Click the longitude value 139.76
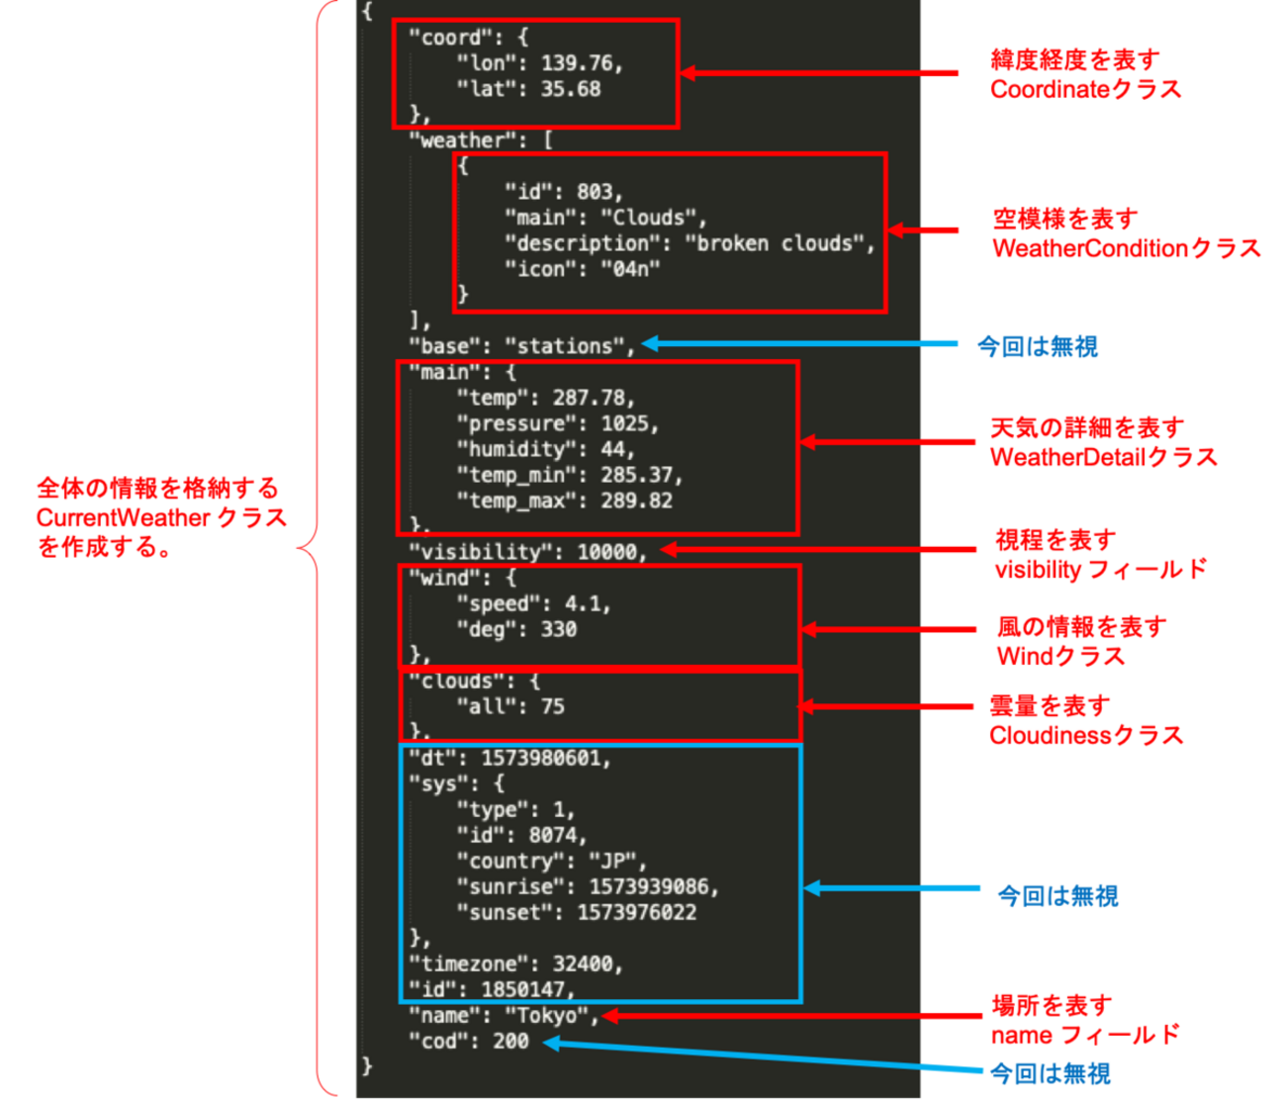coord(579,63)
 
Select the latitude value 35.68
coord(571,89)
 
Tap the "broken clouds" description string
coord(777,243)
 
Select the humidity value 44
coord(613,449)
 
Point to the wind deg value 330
coord(558,629)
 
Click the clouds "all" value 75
coord(552,706)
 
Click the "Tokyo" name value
coord(547,1015)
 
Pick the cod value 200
coord(510,1041)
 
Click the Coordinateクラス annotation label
coord(1085,89)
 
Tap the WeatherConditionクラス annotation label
coord(1126,248)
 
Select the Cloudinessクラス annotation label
coord(1085,735)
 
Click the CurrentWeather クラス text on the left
coord(161,517)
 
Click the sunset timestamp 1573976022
coord(636,912)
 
